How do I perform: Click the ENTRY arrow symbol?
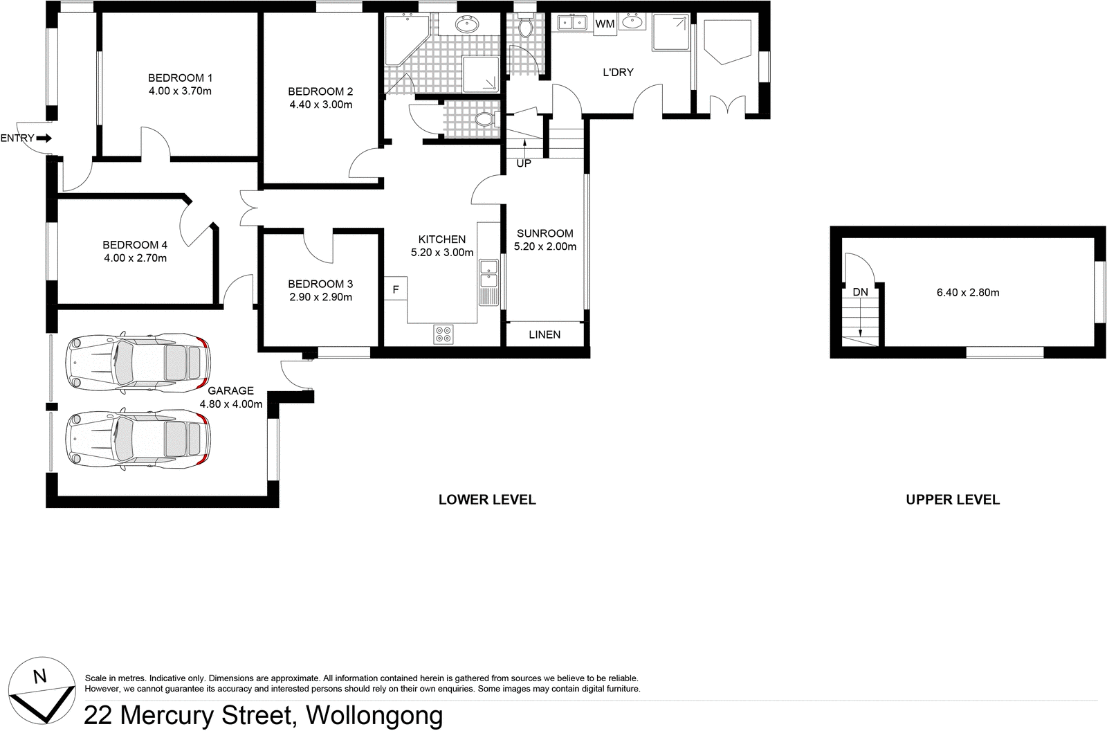(x=44, y=138)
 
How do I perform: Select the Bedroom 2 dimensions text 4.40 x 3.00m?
(x=320, y=105)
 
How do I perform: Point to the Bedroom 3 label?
(x=320, y=284)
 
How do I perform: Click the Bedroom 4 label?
(x=135, y=244)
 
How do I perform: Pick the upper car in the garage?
(x=137, y=361)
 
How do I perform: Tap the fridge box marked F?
(x=396, y=289)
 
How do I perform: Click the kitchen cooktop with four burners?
(x=443, y=334)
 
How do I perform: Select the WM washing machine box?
(x=605, y=24)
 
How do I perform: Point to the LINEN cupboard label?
(x=545, y=334)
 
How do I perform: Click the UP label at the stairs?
(x=524, y=164)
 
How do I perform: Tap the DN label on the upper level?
(x=860, y=292)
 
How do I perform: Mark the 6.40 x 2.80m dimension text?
(x=968, y=292)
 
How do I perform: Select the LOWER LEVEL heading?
(x=487, y=499)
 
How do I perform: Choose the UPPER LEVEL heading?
(x=953, y=499)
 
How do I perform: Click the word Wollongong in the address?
(x=374, y=715)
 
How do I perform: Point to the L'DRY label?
(x=618, y=72)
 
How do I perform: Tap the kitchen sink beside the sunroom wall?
(x=488, y=273)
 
